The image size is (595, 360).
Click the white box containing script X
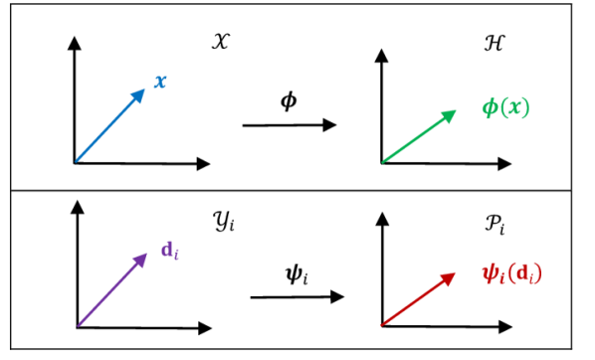pos(220,43)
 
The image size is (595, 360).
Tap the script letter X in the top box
pos(220,42)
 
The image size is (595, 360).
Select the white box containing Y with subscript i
pos(225,220)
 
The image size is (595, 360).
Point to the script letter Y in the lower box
pos(222,220)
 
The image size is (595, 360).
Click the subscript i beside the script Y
pos(232,226)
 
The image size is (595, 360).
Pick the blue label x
pos(159,82)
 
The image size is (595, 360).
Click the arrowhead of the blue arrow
pos(142,92)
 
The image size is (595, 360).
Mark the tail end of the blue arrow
pos(77,159)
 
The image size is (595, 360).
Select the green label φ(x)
pos(505,107)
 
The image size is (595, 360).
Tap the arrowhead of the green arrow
pos(453,112)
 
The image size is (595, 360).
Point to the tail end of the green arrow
pos(383,162)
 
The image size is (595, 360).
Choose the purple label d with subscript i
pos(169,251)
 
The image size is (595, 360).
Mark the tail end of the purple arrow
pos(79,324)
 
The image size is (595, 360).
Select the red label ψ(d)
pos(512,272)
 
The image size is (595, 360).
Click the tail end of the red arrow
pos(382,324)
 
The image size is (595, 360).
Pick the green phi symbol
pos(490,107)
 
